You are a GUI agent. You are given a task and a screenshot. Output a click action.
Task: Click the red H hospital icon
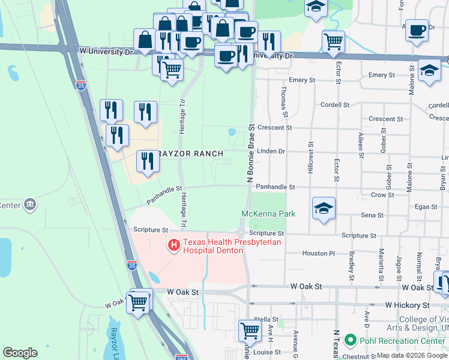tap(174, 245)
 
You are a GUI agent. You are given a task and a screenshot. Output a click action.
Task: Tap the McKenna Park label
tap(269, 214)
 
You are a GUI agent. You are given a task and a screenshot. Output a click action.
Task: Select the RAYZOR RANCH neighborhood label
tap(192, 154)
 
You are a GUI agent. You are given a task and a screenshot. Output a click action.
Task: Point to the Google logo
tap(20, 353)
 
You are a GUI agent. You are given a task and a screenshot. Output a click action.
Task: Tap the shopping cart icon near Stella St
tap(249, 330)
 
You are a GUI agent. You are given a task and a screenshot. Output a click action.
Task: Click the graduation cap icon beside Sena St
tap(324, 208)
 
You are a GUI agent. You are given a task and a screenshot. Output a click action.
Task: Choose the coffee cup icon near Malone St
tap(417, 29)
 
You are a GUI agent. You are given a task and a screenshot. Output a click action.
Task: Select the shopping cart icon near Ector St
tap(333, 41)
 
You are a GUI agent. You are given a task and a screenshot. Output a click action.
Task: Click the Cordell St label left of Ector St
tap(334, 104)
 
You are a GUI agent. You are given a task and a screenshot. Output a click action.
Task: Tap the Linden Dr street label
tap(271, 151)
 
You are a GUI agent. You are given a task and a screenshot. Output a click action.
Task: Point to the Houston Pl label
tap(319, 254)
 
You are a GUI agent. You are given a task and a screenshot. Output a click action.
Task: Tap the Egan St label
tap(426, 207)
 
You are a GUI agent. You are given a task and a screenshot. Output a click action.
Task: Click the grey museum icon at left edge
tap(29, 206)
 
